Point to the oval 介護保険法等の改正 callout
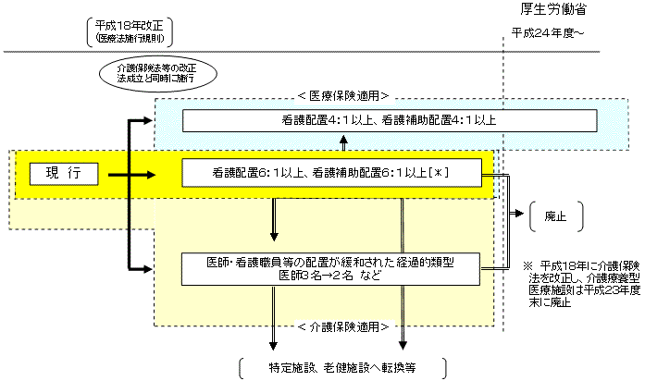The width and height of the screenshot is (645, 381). (156, 73)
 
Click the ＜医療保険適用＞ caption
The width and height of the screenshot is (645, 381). (342, 95)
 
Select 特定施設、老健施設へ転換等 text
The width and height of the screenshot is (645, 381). (342, 367)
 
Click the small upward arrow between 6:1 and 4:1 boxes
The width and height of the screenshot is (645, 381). (344, 144)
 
